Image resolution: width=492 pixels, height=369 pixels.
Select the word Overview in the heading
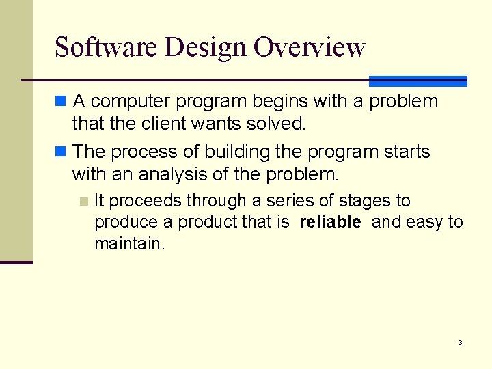310,47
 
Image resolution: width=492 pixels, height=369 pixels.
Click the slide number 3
460,342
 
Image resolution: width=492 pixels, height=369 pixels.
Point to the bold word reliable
330,222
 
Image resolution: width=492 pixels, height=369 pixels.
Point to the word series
292,201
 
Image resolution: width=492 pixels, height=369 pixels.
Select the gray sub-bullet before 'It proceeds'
83,201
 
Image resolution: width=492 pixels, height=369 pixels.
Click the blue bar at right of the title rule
418,81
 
